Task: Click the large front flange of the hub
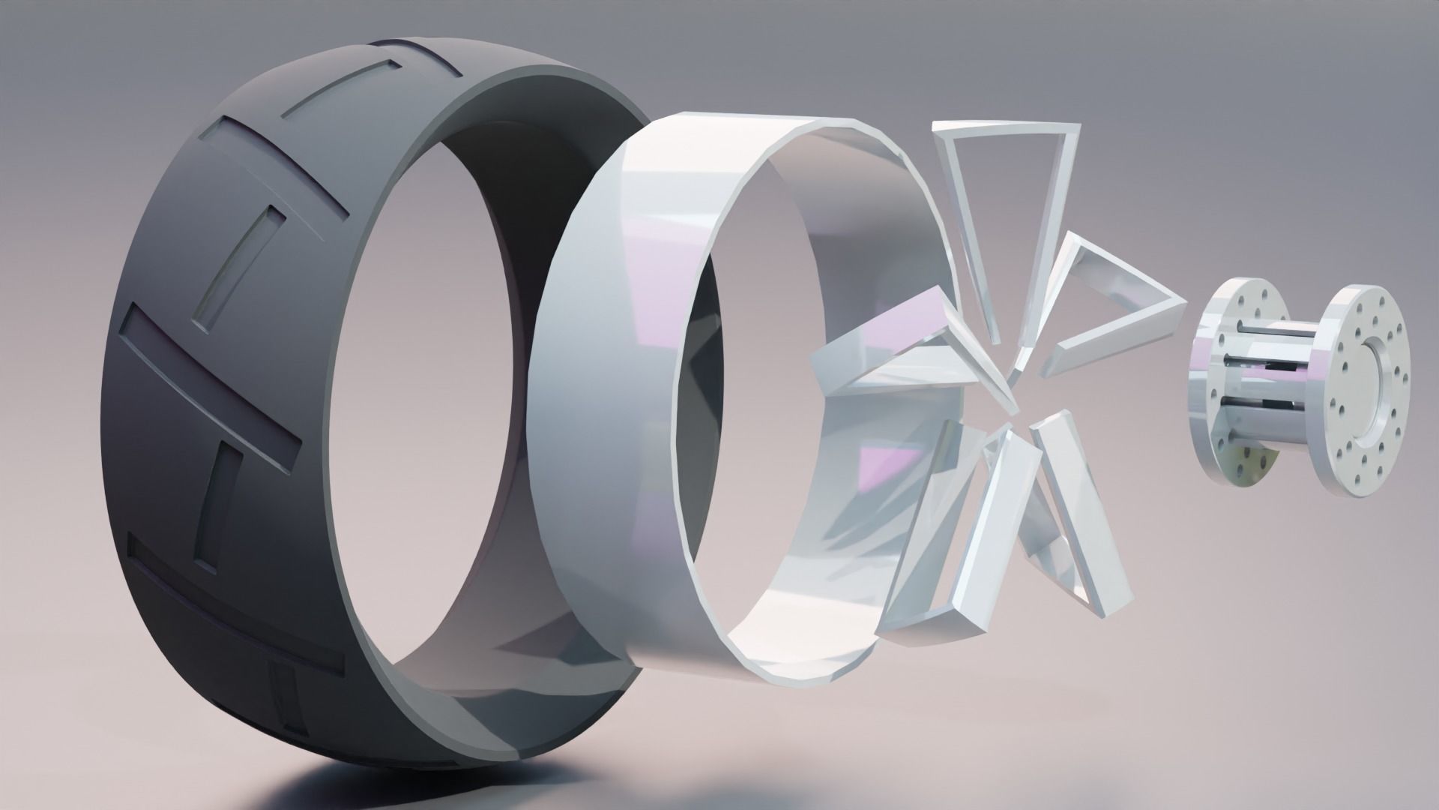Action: click(1364, 390)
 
